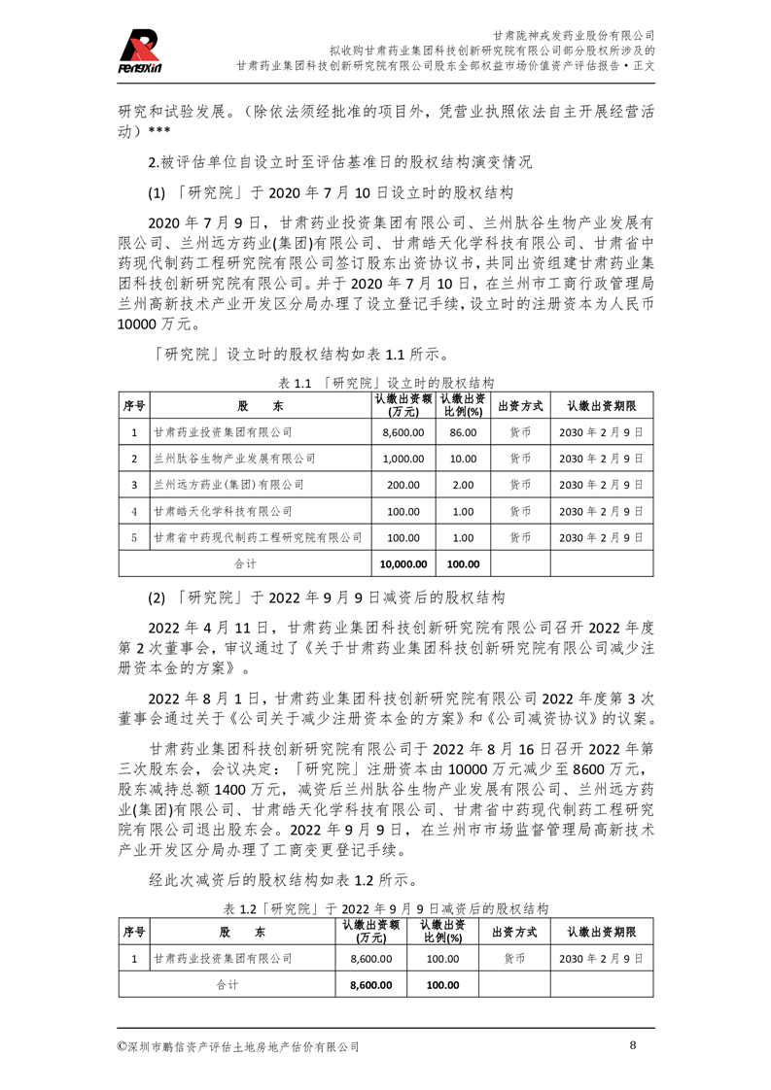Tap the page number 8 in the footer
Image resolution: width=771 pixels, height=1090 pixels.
pyautogui.click(x=633, y=1045)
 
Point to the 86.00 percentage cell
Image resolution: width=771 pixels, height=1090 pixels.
pyautogui.click(x=463, y=431)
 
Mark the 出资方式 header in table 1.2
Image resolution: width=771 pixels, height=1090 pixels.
pyautogui.click(x=515, y=932)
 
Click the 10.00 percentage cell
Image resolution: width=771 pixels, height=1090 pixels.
pyautogui.click(x=463, y=458)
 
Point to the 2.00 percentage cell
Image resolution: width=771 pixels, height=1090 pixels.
pyautogui.click(x=463, y=484)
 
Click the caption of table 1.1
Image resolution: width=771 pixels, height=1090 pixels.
pyautogui.click(x=387, y=383)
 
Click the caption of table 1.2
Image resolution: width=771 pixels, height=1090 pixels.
pyautogui.click(x=386, y=909)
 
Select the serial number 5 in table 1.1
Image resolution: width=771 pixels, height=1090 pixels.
pyautogui.click(x=134, y=536)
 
